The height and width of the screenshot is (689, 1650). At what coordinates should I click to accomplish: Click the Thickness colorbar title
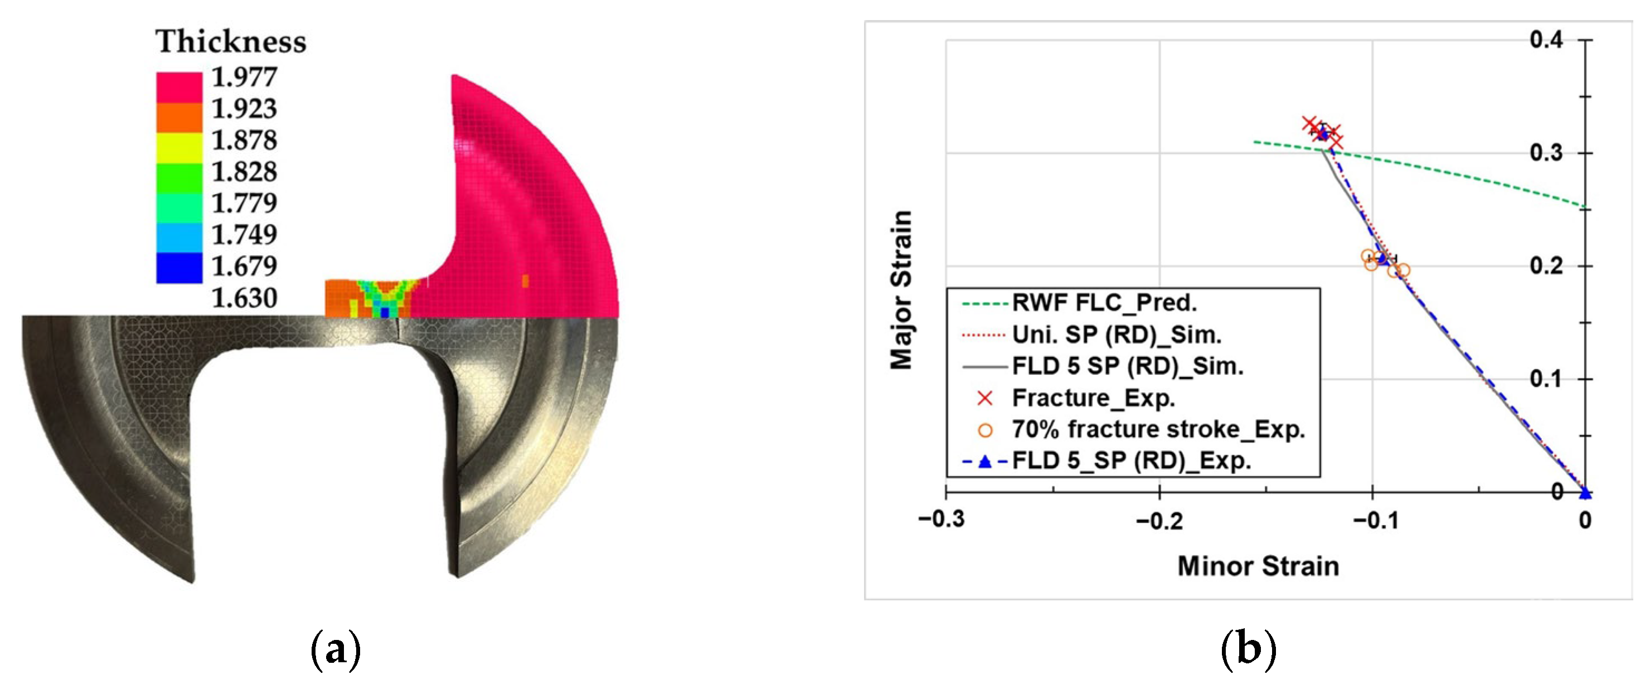[231, 42]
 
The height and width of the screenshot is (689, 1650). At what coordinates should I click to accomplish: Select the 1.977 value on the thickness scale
[244, 77]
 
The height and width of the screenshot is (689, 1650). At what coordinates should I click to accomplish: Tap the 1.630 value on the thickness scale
[244, 298]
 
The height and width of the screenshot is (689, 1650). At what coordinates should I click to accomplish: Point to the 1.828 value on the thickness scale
[244, 172]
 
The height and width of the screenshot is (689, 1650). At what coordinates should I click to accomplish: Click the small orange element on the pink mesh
[525, 280]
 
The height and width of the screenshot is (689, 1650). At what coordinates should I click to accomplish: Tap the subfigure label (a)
[335, 649]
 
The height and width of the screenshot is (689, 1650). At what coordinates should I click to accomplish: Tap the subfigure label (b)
[1248, 649]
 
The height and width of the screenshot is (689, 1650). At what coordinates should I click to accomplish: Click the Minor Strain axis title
[1258, 566]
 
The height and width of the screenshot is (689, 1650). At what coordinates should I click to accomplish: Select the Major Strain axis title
[901, 290]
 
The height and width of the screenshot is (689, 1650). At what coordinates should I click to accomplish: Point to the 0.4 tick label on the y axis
[1546, 40]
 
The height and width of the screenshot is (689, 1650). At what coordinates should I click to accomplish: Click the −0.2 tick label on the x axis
[1159, 521]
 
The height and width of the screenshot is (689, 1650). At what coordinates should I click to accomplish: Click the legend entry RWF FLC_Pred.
[1104, 303]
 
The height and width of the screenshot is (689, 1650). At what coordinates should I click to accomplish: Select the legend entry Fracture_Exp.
[1093, 398]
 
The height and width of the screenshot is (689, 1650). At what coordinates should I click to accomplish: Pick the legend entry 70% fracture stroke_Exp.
[1158, 430]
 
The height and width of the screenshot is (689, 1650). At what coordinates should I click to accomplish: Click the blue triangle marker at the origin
[1585, 492]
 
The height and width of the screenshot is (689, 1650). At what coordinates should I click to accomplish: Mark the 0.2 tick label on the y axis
[1546, 266]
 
